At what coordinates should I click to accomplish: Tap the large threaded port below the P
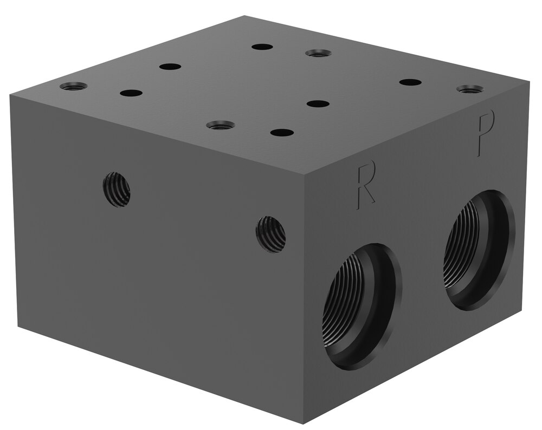click(x=480, y=249)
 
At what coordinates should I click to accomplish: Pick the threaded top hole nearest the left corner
click(x=73, y=86)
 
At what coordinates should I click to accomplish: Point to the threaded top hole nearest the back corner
click(x=318, y=53)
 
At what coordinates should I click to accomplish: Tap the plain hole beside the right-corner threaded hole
click(x=410, y=82)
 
